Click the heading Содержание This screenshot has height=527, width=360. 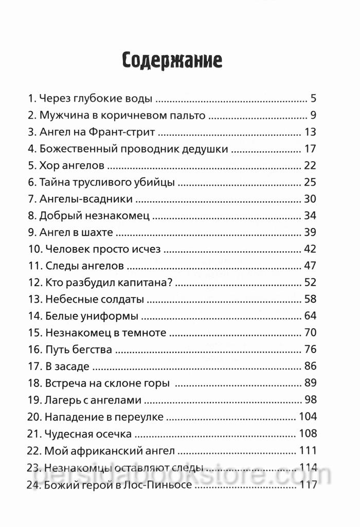pos(172,60)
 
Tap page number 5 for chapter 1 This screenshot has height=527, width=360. pos(313,98)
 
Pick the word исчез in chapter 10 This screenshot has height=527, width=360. pos(147,249)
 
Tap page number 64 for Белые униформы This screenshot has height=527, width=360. pos(310,315)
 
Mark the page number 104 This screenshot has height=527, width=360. pos(308,416)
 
